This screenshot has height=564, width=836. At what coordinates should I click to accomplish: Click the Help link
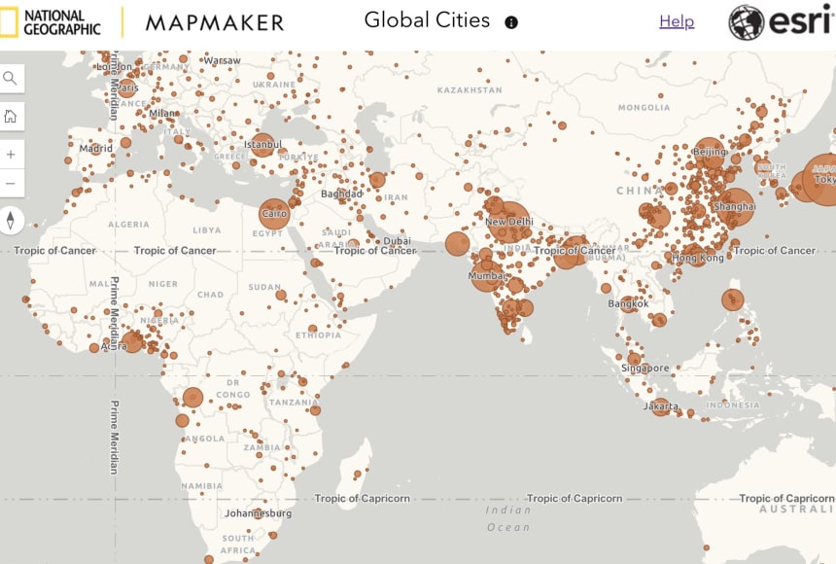click(x=677, y=21)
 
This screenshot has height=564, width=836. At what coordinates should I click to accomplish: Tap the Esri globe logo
click(x=746, y=21)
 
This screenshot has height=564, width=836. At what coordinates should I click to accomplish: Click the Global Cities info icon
click(x=511, y=22)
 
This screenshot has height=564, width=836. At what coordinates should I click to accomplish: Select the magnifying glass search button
click(x=11, y=79)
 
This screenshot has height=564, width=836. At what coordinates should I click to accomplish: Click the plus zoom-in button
click(x=11, y=154)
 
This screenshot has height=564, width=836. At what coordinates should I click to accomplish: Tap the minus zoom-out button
click(x=11, y=183)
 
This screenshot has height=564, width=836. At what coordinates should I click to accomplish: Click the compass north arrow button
click(x=11, y=221)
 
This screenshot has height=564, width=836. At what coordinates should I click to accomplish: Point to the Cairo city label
click(x=275, y=213)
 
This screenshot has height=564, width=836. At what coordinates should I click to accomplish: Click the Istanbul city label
click(x=262, y=145)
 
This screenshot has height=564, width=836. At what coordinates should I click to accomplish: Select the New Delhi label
click(x=509, y=222)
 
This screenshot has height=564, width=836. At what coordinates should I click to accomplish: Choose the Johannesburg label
click(x=258, y=512)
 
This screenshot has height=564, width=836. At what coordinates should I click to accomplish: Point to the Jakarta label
click(x=661, y=405)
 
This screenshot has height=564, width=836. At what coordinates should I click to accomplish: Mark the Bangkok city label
click(x=628, y=303)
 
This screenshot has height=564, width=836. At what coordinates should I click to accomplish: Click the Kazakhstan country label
click(x=470, y=90)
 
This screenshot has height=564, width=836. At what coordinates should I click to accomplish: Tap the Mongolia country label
click(x=644, y=107)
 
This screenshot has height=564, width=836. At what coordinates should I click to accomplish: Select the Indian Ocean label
click(x=509, y=518)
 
